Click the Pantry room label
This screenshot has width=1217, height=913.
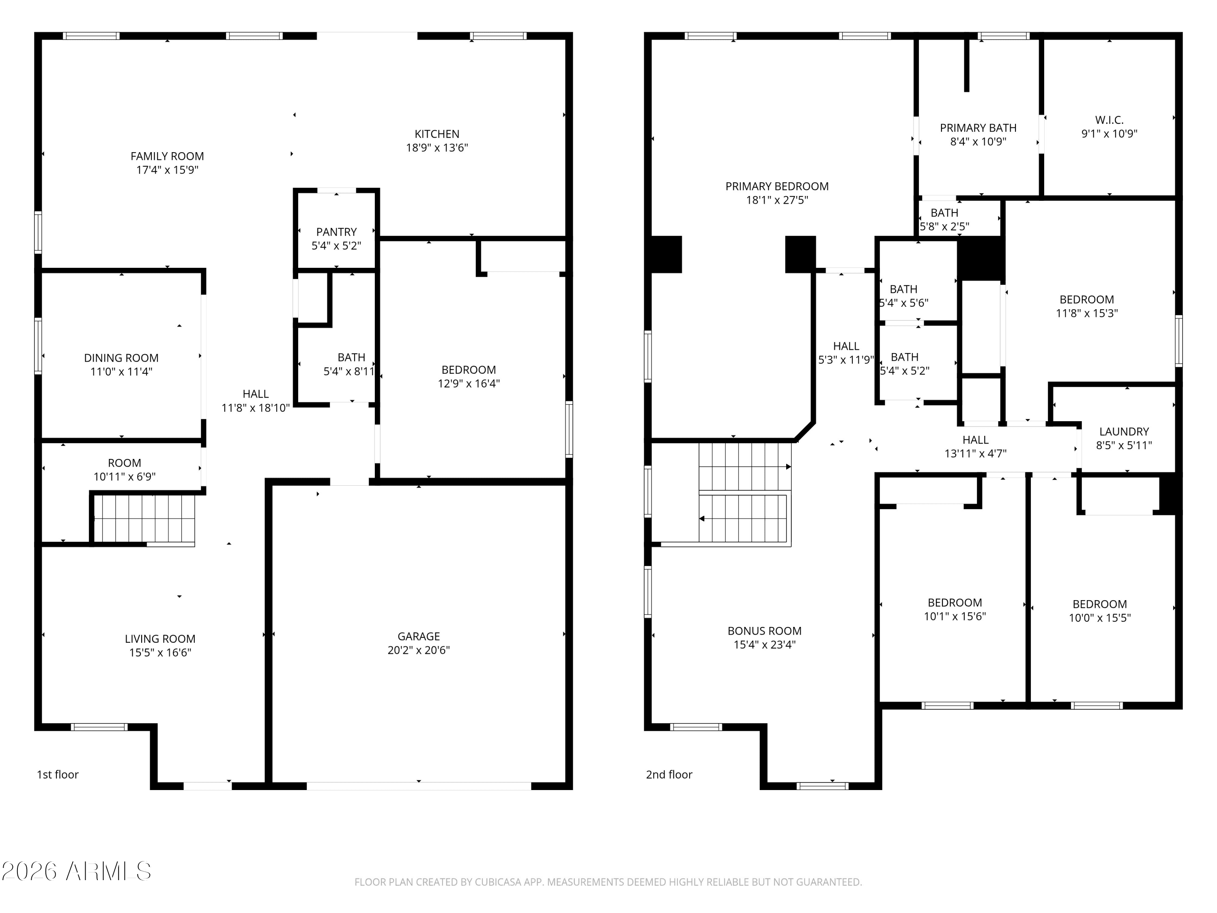[x=336, y=232]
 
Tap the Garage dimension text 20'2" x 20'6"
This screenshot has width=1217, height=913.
[x=419, y=650]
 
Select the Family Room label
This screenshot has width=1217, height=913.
[x=167, y=156]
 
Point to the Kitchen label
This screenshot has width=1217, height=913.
[x=437, y=134]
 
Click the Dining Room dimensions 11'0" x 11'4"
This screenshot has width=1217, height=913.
[x=121, y=371]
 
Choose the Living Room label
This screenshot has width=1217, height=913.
[x=160, y=639]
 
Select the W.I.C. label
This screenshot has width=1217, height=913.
[x=1109, y=120]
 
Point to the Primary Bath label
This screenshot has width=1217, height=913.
[x=978, y=128]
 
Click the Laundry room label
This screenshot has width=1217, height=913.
[x=1124, y=431]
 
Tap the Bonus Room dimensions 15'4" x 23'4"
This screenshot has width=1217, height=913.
[x=765, y=644]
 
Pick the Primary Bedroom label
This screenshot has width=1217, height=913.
[x=777, y=187]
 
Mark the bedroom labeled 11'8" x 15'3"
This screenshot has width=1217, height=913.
[x=1087, y=306]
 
